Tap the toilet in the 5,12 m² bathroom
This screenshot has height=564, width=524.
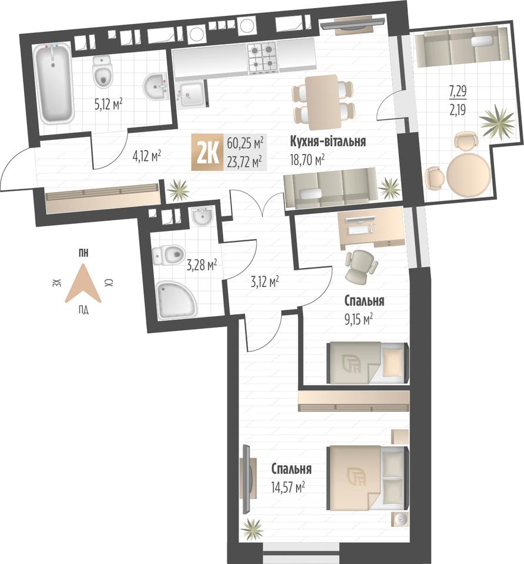102,72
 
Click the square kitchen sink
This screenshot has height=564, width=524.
192,93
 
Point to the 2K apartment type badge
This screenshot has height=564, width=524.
208,152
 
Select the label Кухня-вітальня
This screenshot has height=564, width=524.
328,142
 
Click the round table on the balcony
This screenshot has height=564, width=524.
468,175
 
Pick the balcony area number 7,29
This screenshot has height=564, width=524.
458,90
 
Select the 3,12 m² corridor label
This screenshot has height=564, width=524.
265,281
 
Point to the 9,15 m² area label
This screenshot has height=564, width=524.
358,319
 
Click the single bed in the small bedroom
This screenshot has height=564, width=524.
368,362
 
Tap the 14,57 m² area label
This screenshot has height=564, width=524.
288,488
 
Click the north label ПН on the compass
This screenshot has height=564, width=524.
83,253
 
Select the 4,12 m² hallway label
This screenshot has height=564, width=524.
146,156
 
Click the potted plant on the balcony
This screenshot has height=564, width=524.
498,122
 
